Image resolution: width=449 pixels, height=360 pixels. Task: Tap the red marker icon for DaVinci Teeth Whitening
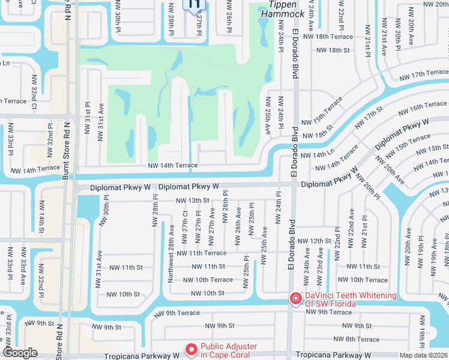295,298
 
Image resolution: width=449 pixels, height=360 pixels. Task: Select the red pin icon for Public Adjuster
191,349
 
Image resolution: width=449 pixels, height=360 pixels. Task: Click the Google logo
20,353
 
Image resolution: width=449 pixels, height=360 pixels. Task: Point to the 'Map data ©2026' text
424,355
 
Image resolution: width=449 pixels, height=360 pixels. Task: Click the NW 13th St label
192,200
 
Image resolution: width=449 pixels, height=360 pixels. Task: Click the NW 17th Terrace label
424,73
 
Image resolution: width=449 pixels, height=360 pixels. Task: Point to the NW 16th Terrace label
427,106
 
